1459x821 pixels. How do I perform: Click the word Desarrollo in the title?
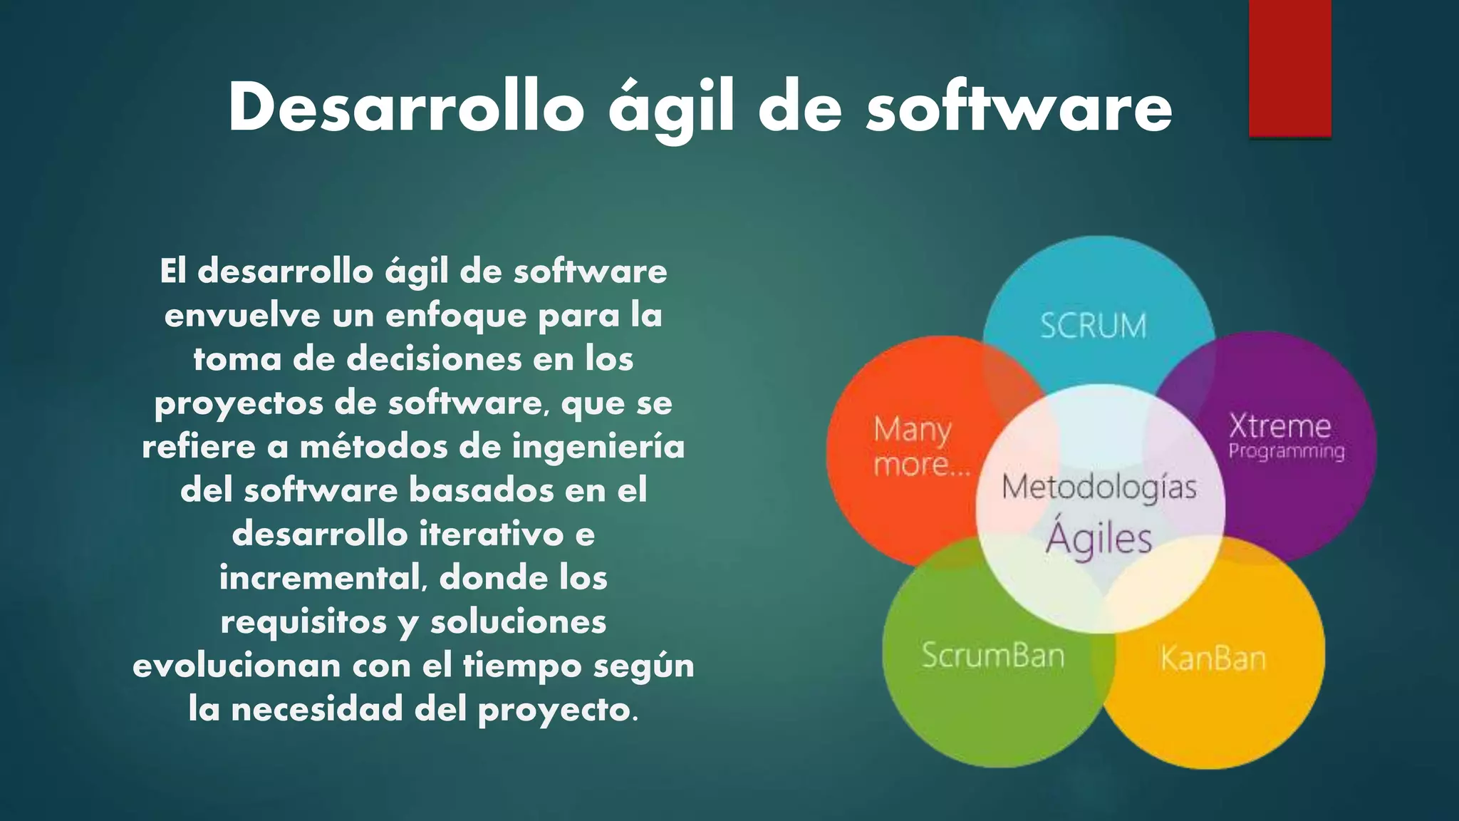[x=406, y=108]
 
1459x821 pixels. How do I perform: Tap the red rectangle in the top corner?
[x=1289, y=68]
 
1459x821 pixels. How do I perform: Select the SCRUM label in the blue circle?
[x=1094, y=326]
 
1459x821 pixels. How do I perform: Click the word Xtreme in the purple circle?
[x=1279, y=426]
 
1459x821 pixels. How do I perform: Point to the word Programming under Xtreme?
[x=1287, y=452]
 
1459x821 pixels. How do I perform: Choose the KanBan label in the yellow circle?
[x=1213, y=658]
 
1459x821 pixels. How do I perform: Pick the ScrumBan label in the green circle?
[x=992, y=655]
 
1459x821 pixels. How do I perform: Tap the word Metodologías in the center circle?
[x=1099, y=488]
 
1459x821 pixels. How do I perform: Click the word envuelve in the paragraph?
[x=242, y=315]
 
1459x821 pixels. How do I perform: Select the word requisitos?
[x=303, y=621]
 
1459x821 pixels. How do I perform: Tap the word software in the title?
[x=1019, y=108]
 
